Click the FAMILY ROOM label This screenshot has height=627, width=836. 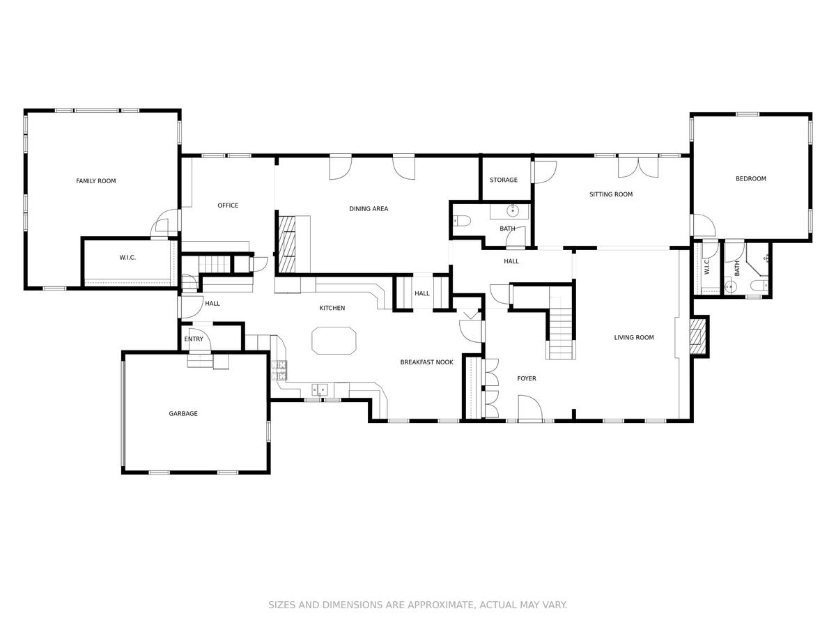[95, 181]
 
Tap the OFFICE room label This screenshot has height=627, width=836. [228, 206]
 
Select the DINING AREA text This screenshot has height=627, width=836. [369, 209]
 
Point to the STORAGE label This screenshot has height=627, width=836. [503, 180]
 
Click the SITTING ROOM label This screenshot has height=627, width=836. [610, 194]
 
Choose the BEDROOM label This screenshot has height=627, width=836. [750, 179]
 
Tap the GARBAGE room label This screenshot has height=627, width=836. [183, 413]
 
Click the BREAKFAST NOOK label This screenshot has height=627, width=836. [426, 362]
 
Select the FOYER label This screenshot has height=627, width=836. [526, 378]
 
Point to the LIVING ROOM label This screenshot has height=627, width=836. [633, 338]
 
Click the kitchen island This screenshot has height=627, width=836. [334, 341]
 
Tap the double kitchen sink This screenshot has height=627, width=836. [320, 390]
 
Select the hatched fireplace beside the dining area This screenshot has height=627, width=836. [287, 245]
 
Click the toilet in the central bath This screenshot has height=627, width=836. [462, 221]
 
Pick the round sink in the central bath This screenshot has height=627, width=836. [513, 210]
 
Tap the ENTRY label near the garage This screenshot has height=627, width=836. [194, 339]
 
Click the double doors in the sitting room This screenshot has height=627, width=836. [637, 167]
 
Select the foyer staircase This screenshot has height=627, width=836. [561, 328]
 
